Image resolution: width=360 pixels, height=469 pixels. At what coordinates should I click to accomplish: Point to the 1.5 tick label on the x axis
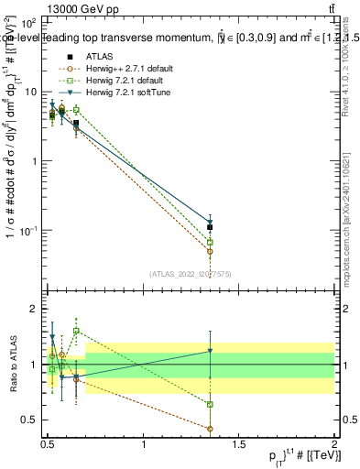tap(239, 446)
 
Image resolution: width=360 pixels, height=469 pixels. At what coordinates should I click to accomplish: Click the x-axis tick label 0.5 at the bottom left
tap(48, 446)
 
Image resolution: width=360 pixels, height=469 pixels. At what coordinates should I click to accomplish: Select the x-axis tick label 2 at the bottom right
tap(334, 446)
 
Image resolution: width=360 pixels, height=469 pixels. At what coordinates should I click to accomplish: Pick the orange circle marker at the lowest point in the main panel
tap(211, 251)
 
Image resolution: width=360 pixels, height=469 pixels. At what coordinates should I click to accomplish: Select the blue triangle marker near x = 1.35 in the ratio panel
tap(211, 351)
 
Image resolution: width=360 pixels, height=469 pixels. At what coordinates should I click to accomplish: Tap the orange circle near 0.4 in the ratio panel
tap(211, 429)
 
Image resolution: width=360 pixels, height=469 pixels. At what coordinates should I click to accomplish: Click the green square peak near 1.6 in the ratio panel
tap(76, 331)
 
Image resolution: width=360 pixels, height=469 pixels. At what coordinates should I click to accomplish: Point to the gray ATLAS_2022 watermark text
tap(191, 273)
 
